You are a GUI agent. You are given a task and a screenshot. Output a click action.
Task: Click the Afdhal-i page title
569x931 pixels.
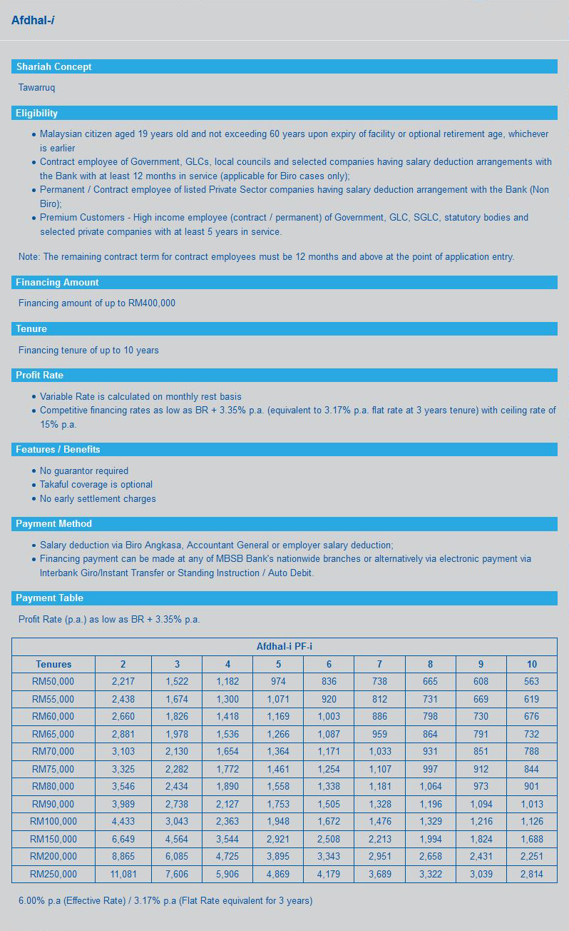33,21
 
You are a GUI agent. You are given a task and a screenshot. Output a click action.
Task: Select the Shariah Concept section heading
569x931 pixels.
53,66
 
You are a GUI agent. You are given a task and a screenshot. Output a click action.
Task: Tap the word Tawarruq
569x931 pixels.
36,88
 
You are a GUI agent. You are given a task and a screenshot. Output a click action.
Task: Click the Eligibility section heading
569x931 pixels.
36,113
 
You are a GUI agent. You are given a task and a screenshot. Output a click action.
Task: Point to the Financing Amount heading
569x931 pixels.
57,282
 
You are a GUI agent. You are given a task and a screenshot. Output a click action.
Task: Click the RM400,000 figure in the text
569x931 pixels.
151,303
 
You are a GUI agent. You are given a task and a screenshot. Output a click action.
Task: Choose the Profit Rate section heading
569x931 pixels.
40,375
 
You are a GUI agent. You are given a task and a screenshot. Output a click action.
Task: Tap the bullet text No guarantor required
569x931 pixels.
84,470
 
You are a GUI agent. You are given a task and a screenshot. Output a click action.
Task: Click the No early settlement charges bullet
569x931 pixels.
98,498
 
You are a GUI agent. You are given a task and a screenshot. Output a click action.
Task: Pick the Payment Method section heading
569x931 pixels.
53,523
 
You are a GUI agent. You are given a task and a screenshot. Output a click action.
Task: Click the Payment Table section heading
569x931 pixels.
49,598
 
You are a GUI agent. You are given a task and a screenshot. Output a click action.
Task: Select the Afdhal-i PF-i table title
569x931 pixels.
284,646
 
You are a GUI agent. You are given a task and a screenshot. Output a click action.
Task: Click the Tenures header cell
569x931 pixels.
53,664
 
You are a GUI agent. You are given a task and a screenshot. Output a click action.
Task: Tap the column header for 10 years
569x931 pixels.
531,664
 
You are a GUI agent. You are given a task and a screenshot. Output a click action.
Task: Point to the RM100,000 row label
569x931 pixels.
53,821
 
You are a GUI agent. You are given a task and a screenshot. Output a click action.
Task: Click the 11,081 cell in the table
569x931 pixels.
123,874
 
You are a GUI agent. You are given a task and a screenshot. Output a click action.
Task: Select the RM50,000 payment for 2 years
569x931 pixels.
123,681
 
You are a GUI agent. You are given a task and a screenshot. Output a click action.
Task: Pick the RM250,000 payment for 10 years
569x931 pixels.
531,874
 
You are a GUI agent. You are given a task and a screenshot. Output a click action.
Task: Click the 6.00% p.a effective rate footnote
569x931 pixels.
165,900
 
